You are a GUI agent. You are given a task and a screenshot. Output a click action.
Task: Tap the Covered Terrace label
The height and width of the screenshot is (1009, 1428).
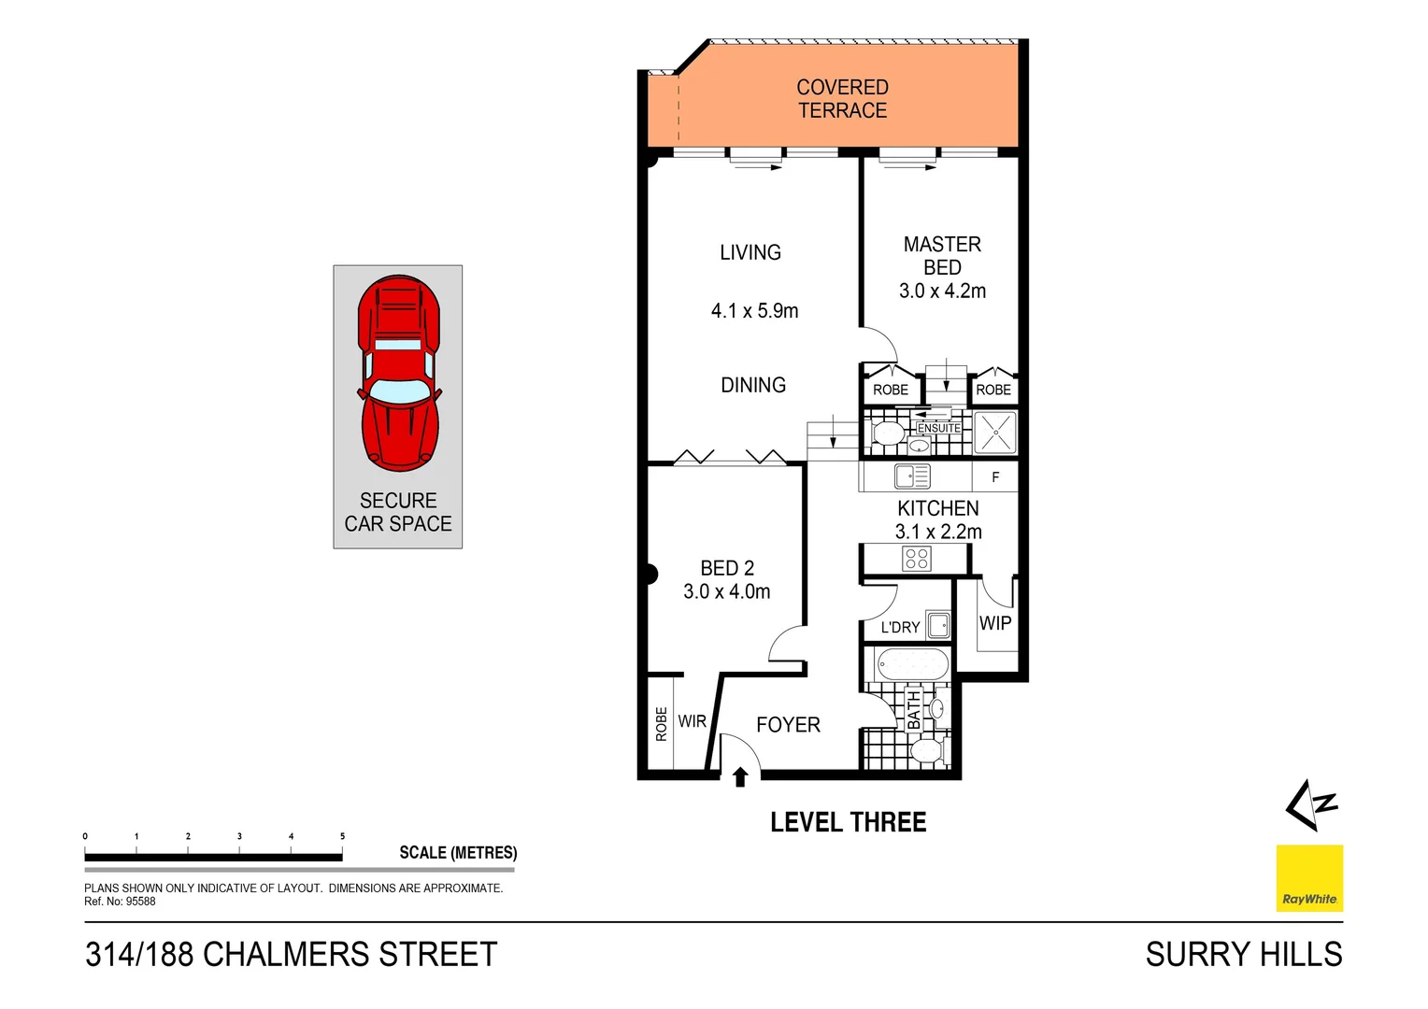pos(842,99)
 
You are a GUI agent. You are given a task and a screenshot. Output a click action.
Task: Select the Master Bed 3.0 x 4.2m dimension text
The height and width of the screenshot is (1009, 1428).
pos(942,291)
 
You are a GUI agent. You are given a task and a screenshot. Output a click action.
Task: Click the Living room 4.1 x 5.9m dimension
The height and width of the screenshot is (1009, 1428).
pos(754,311)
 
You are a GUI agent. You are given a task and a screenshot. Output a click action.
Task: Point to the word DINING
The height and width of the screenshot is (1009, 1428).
pos(753,385)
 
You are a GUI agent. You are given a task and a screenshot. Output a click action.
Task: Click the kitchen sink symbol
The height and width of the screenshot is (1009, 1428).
pos(911,477)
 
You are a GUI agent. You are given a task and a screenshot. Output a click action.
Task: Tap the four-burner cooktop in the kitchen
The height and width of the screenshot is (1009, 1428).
pos(917,559)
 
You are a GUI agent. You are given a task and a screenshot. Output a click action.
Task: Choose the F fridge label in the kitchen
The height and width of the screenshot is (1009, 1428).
pos(995,477)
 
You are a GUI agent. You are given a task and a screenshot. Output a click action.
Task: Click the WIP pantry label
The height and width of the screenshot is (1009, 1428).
pos(995,623)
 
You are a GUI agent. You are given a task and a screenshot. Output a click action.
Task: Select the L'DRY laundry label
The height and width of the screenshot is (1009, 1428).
pos(900,628)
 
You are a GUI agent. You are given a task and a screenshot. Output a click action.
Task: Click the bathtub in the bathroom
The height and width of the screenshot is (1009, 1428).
pos(912,665)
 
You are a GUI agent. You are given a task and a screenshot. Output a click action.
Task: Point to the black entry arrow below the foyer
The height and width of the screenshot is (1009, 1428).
pos(740,776)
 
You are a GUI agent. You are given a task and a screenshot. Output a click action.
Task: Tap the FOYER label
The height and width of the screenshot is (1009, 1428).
pos(788,725)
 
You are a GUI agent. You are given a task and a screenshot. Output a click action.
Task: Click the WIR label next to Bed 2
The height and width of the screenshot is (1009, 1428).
pos(693,721)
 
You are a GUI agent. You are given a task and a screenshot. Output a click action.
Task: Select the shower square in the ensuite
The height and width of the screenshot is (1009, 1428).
pos(994,433)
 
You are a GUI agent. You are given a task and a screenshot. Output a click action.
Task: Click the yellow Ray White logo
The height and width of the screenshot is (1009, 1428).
pos(1309,877)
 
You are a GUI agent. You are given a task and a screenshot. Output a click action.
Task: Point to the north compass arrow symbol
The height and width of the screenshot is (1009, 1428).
pos(1310,804)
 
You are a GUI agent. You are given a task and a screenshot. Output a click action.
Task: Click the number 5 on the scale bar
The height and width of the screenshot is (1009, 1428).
pos(342,836)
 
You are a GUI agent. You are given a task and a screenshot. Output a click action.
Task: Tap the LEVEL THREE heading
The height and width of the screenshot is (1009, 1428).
pos(848,822)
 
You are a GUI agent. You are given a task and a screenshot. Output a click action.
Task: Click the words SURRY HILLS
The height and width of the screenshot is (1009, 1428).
pos(1243,955)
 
